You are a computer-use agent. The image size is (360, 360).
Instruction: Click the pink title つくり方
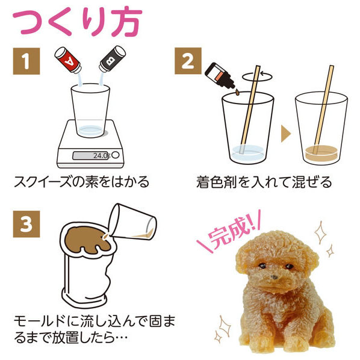78,21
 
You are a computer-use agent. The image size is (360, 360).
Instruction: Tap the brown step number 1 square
26,61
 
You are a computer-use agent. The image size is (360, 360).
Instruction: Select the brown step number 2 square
188,61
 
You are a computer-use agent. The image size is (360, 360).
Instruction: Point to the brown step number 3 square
26,224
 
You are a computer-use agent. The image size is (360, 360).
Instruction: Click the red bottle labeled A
68,60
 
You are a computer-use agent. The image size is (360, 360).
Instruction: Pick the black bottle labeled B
112,59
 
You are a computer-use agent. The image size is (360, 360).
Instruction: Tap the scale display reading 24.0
90,156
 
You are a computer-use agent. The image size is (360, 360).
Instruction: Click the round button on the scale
116,155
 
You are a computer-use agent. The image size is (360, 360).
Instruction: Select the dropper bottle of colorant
220,76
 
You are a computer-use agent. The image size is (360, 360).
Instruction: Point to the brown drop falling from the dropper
237,92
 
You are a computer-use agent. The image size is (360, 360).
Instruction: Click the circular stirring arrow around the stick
258,76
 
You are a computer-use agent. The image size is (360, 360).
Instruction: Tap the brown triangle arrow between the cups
286,134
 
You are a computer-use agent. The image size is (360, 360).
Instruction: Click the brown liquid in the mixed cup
321,153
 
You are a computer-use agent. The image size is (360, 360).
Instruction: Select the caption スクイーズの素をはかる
82,182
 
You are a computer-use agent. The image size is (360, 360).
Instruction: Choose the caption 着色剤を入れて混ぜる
264,182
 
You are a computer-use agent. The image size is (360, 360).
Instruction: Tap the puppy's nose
274,277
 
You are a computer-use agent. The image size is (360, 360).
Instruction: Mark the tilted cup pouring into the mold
132,222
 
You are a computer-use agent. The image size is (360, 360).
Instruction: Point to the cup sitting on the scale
90,111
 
